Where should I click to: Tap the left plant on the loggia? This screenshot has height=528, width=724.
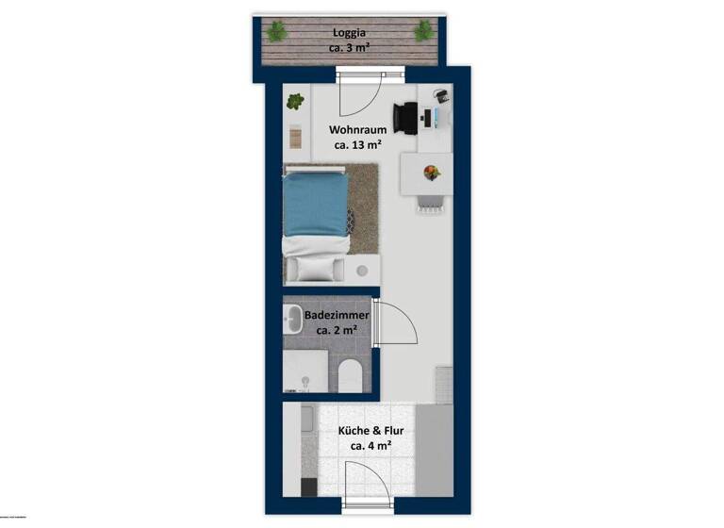point(276,32)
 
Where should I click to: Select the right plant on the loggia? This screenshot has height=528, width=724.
point(421,32)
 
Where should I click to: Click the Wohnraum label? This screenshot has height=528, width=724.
point(357,129)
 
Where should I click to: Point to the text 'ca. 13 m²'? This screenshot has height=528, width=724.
point(357,145)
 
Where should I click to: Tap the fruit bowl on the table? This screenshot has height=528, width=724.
point(431,173)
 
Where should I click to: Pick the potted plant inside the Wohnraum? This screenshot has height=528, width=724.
point(296,100)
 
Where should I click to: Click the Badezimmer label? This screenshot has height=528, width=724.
point(337,315)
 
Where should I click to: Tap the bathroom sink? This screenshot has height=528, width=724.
point(293,321)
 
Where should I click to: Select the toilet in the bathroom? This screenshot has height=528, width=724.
point(349,376)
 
